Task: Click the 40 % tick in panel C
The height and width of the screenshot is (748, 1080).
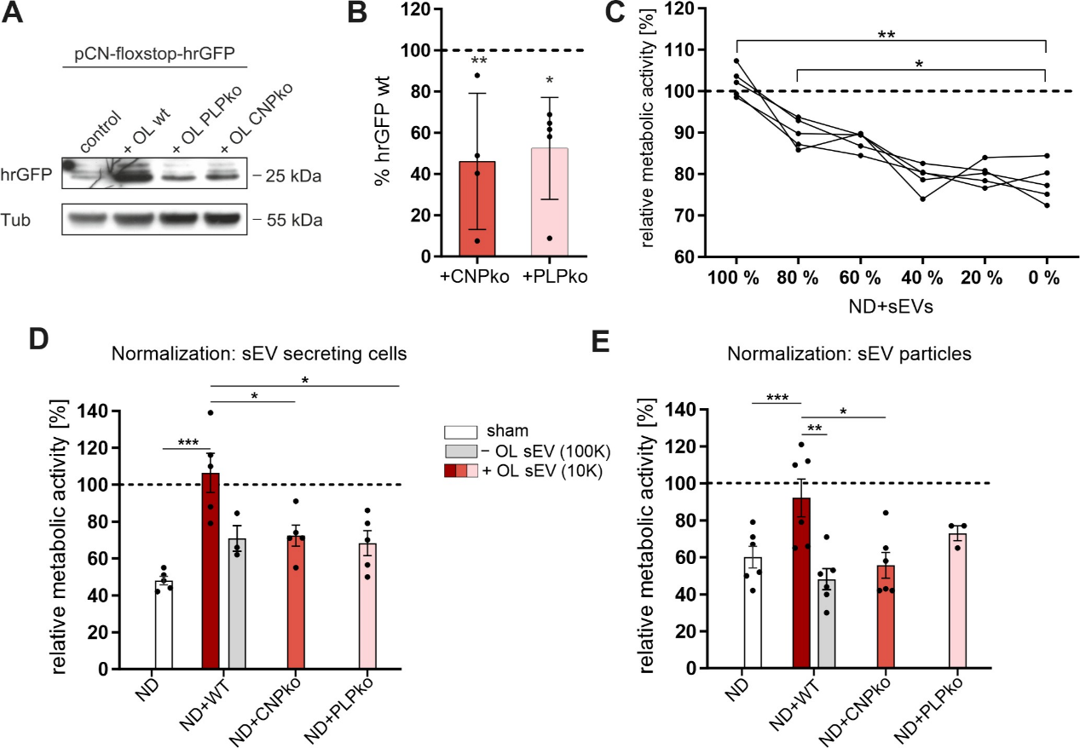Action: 921,278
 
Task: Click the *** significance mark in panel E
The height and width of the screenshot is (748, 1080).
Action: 777,398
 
